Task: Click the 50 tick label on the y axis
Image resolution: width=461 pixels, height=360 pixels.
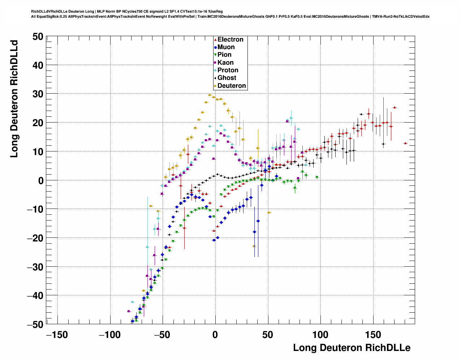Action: [x=38, y=37]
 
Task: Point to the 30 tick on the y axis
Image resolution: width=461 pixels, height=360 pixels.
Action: [x=38, y=94]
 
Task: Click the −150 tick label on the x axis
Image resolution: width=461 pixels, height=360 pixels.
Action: [x=57, y=335]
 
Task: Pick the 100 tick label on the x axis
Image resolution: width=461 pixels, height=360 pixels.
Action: [x=320, y=335]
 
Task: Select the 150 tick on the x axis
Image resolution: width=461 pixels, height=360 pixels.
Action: [x=373, y=335]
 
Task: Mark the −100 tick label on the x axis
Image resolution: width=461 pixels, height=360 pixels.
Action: [x=109, y=335]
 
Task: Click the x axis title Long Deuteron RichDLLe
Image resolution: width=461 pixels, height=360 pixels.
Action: [x=352, y=348]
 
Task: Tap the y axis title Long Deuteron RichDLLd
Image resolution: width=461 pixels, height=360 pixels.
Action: [x=14, y=99]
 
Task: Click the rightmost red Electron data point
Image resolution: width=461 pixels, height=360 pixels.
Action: [x=405, y=143]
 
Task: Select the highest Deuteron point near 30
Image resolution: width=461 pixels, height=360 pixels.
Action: [x=210, y=95]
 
